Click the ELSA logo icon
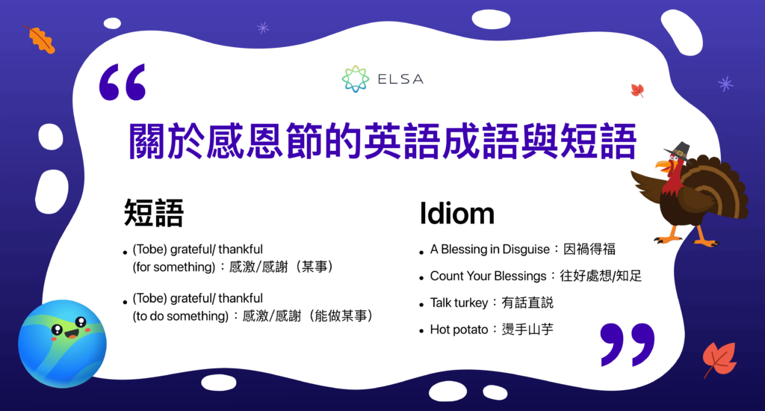pyautogui.click(x=355, y=78)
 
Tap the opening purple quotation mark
pyautogui.click(x=122, y=82)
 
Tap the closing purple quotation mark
pyautogui.click(x=627, y=344)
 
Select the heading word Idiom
pyautogui.click(x=456, y=214)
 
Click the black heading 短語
pyautogui.click(x=154, y=214)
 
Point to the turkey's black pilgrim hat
pyautogui.click(x=678, y=149)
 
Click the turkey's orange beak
pyautogui.click(x=662, y=164)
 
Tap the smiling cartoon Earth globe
pyautogui.click(x=62, y=343)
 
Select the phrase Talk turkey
pyautogui.click(x=459, y=303)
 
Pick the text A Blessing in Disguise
pyautogui.click(x=489, y=250)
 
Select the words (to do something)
pyautogui.click(x=180, y=316)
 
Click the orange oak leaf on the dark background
pyautogui.click(x=41, y=39)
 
